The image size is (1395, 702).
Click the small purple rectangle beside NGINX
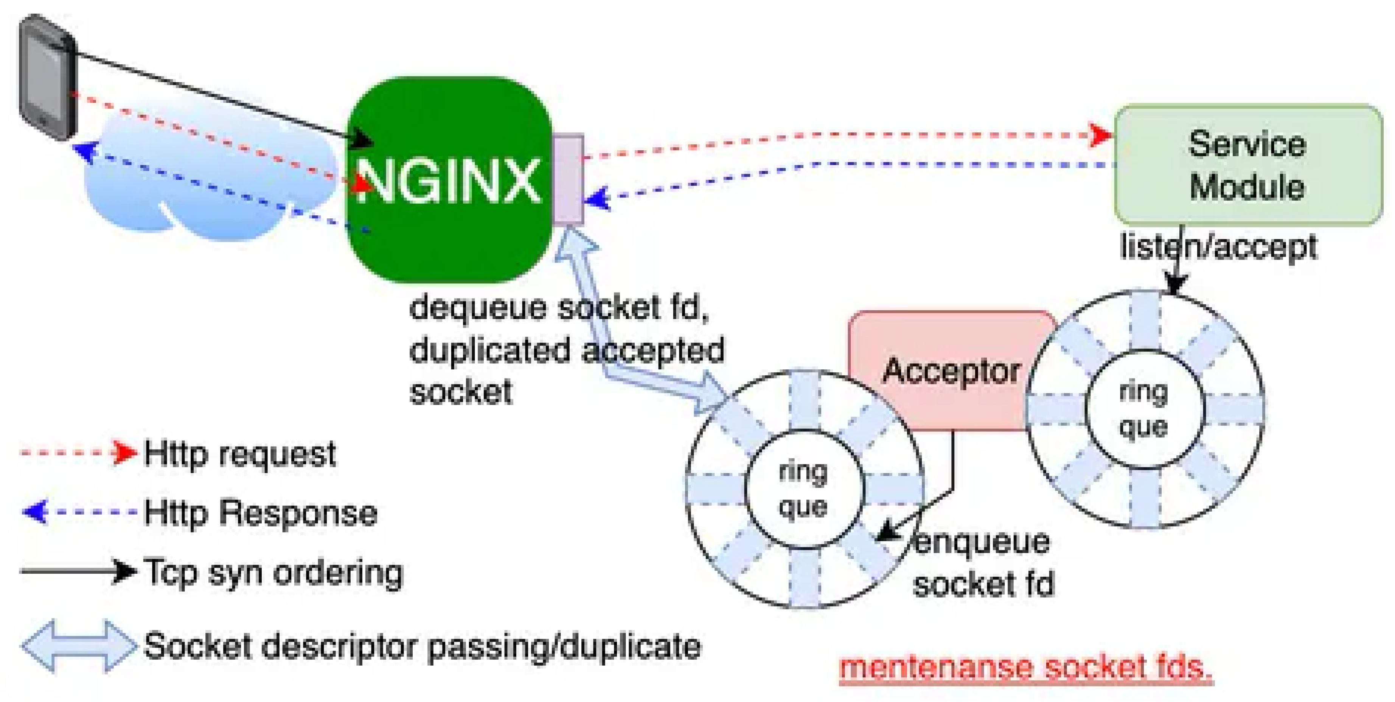click(x=568, y=179)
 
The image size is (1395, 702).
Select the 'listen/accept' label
click(x=1218, y=247)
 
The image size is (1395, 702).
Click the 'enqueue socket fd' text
click(x=983, y=563)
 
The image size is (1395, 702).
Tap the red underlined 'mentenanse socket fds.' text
click(x=1025, y=667)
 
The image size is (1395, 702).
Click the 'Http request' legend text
click(x=240, y=454)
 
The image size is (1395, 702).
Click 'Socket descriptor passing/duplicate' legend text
click(x=422, y=646)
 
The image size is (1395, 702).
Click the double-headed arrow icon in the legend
click(x=79, y=646)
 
